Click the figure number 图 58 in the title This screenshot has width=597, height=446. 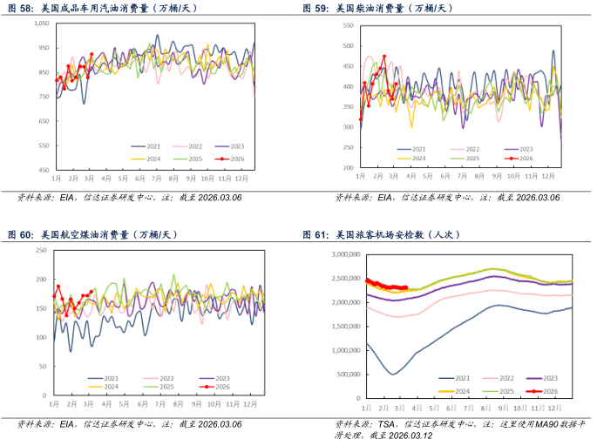20,8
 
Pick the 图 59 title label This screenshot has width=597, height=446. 315,8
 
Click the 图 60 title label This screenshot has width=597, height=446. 20,234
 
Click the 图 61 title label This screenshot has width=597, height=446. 315,234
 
